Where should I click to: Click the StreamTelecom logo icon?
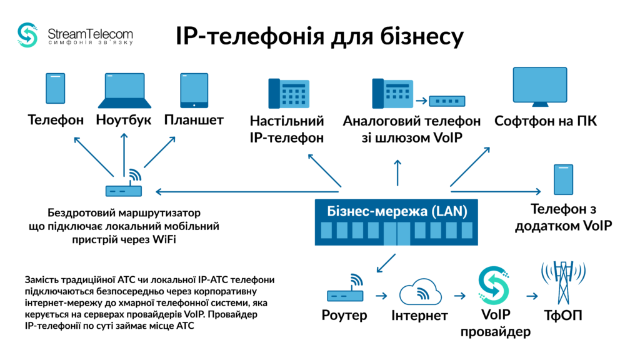click(28, 35)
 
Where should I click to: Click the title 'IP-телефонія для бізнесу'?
click(319, 36)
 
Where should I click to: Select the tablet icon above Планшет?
click(194, 90)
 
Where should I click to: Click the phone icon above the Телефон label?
click(55, 89)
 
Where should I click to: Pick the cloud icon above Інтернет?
click(419, 291)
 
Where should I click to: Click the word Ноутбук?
click(124, 120)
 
